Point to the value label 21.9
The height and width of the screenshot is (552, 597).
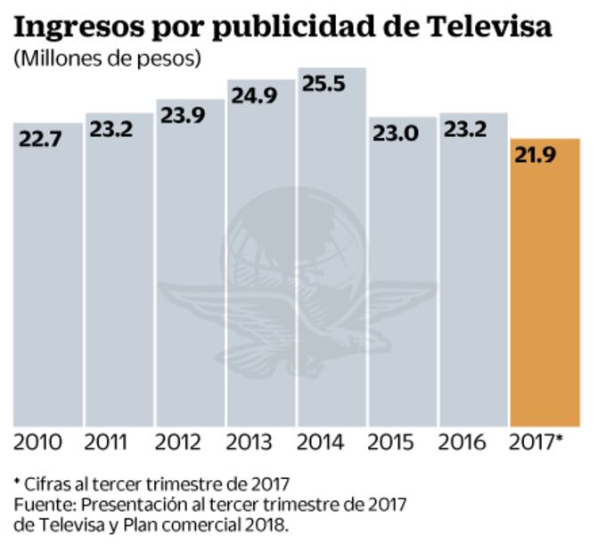(535, 156)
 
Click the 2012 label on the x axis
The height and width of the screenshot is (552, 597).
(177, 442)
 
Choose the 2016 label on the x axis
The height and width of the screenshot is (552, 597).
(462, 442)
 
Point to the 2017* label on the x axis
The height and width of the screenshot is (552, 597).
(536, 442)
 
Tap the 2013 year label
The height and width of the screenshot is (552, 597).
(249, 442)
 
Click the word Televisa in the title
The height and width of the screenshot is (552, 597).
(487, 26)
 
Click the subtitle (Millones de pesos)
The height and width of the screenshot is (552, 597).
(106, 60)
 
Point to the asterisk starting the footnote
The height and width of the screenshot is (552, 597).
(17, 483)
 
